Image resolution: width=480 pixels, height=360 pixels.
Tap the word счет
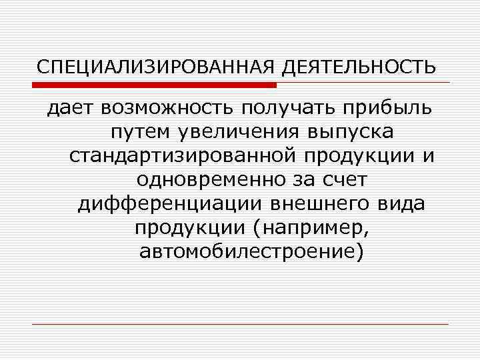tap(343, 179)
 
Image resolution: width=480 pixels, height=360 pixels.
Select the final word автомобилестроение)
tap(253, 251)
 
